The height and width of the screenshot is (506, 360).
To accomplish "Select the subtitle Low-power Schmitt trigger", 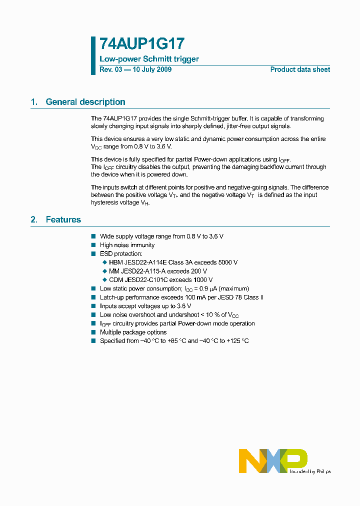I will pos(149,59).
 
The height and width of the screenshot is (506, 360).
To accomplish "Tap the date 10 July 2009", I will pos(151,69).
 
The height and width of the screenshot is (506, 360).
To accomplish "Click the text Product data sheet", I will pos(300,69).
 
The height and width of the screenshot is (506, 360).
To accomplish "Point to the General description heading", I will pos(85,102).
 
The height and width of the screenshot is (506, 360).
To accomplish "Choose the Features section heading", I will pos(63,219).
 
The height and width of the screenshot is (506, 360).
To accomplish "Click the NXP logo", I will pos(272,460).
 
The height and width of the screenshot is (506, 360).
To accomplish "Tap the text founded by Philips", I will pos(310,471).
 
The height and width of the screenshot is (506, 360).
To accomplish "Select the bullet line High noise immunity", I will pos(127,245).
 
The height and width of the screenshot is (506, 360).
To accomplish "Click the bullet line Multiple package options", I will pos(133,332).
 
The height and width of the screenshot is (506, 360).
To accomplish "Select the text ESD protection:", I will pos(121,254).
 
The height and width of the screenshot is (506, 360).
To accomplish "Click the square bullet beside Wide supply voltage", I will pos(93,236).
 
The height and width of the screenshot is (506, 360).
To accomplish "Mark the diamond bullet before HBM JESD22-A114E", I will pos(104,262).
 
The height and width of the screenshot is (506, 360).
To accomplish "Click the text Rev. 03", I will pos(110,69).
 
